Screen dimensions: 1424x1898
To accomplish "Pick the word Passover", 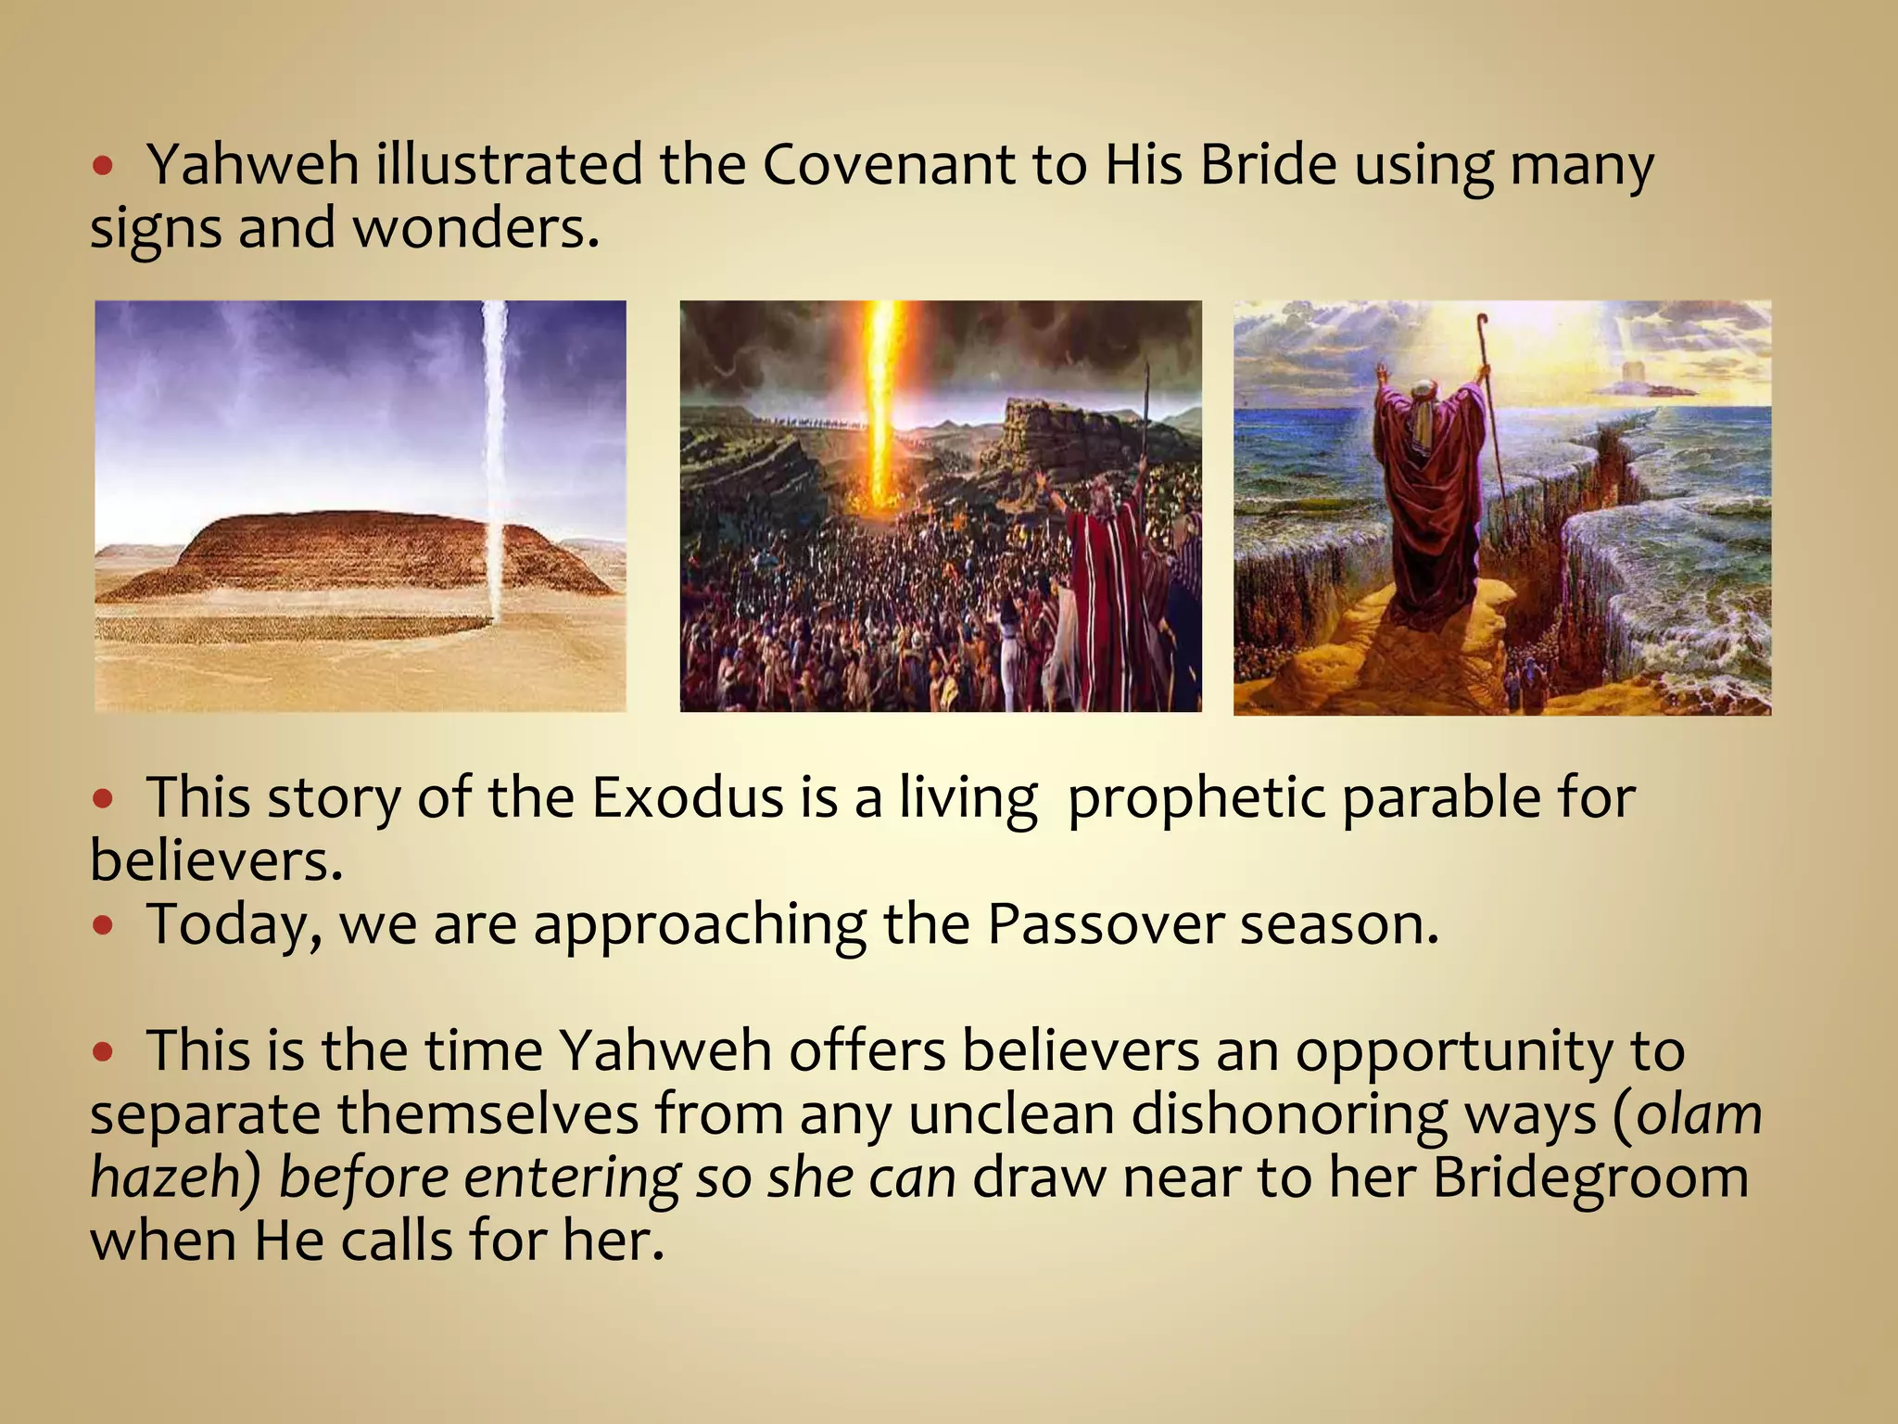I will [x=1105, y=924].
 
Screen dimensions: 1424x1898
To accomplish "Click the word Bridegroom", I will [x=1590, y=1177].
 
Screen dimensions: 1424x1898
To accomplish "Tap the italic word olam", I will [x=1699, y=1114].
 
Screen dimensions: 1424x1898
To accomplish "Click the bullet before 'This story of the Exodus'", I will [x=103, y=798].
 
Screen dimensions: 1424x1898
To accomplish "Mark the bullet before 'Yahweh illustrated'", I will [x=103, y=166].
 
